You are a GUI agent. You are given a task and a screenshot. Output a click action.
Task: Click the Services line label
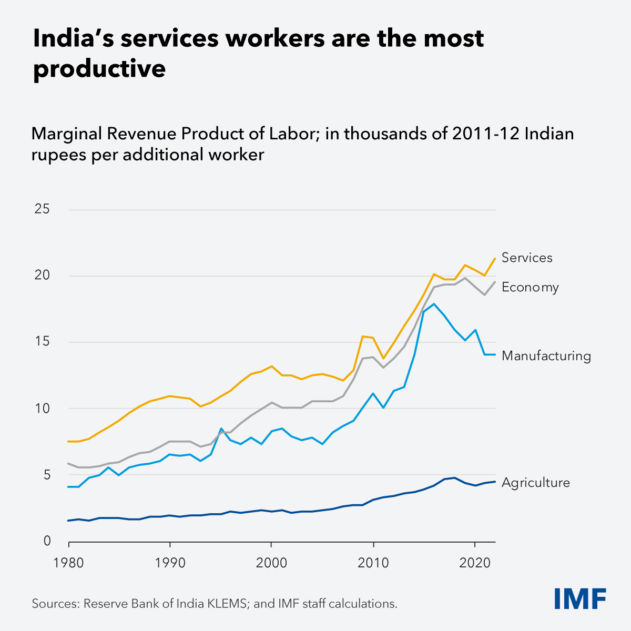point(527,258)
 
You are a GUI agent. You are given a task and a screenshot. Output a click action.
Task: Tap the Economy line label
point(530,287)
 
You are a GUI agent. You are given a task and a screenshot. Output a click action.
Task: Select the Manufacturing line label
point(546,356)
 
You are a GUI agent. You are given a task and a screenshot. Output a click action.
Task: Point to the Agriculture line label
point(535,483)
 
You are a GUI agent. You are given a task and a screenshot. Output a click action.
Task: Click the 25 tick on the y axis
point(42,209)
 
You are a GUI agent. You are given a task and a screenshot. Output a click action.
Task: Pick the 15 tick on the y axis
point(42,342)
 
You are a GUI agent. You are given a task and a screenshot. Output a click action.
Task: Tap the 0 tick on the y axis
point(46,541)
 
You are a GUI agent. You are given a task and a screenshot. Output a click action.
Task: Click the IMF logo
point(580,598)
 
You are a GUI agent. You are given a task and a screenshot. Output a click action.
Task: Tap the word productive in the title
point(99,69)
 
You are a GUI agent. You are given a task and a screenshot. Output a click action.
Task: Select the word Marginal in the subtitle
point(66,134)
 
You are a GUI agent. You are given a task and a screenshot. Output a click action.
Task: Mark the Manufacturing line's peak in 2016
point(434,304)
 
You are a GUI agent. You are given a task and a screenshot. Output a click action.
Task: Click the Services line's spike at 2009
point(363,336)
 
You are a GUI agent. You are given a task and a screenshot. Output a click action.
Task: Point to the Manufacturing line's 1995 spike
point(221,429)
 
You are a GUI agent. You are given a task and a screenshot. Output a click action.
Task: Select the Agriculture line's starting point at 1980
point(69,521)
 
